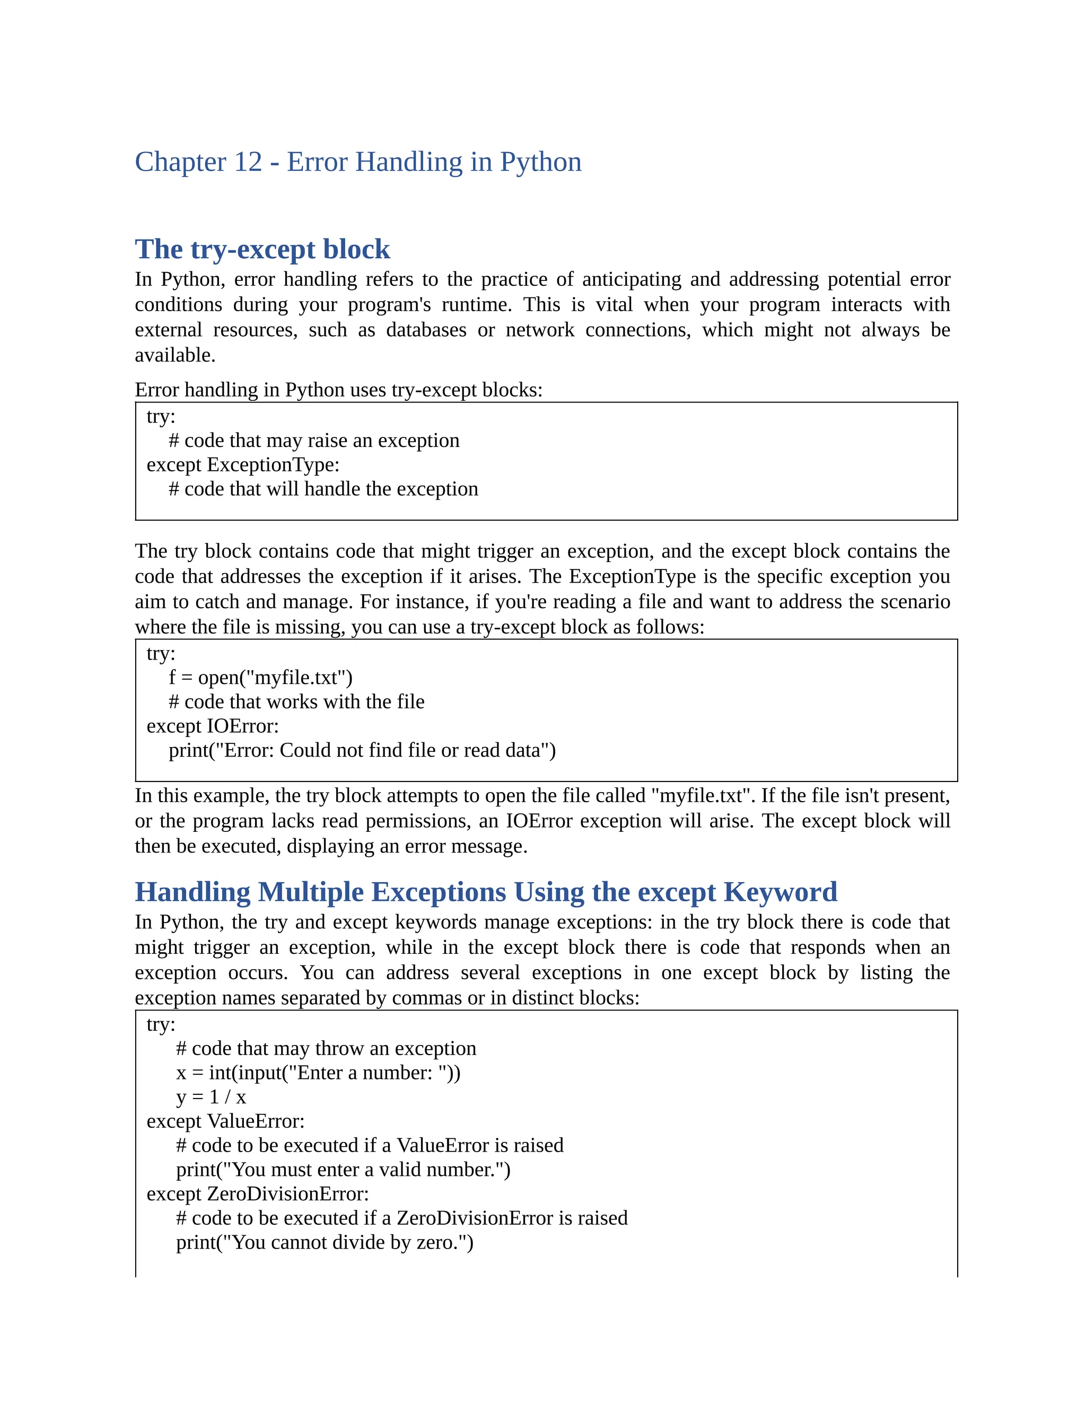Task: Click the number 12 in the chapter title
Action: click(248, 162)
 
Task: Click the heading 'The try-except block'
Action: click(262, 250)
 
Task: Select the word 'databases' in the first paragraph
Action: click(426, 330)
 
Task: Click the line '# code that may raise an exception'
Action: click(314, 441)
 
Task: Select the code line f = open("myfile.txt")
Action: click(260, 678)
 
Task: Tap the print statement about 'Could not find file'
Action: click(362, 750)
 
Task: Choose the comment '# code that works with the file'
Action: click(296, 702)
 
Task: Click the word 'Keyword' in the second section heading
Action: click(780, 892)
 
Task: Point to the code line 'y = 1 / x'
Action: click(211, 1097)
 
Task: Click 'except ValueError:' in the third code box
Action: click(225, 1121)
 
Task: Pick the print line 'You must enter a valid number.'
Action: click(343, 1170)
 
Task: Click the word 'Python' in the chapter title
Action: click(540, 162)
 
